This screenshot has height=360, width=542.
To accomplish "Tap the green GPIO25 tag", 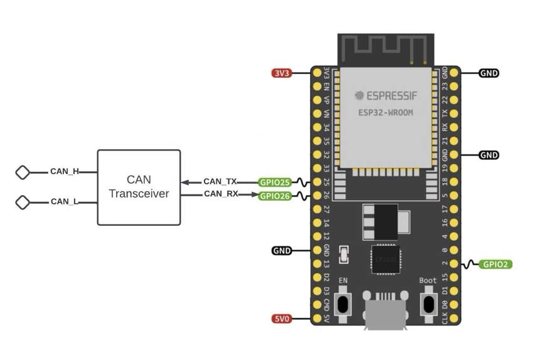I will click(275, 183).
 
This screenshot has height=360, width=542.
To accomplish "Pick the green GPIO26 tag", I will click(275, 196).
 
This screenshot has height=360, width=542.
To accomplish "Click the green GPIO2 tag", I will click(496, 265).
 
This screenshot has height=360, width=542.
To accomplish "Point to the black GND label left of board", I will click(282, 251).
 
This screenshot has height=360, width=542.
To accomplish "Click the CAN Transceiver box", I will click(139, 187).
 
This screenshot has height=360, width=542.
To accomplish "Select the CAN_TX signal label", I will click(220, 182).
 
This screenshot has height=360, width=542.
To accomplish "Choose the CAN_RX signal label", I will click(220, 194).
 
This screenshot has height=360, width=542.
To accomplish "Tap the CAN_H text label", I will click(65, 171).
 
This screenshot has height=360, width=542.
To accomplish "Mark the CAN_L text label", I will click(63, 202).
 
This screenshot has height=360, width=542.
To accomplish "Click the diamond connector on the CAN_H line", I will click(23, 172).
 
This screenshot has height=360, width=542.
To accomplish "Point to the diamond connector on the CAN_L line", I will click(23, 202).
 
